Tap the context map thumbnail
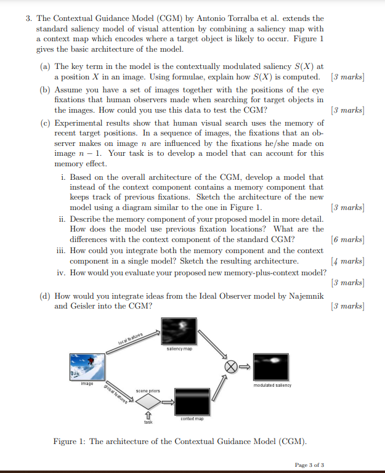pos(193,402)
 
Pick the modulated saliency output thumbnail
pos(271,367)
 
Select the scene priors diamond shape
pos(148,402)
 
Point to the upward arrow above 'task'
pos(148,416)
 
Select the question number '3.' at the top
pos(29,19)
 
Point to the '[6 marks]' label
pos(347,239)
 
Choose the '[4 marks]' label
pos(347,261)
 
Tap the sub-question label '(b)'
pos(45,89)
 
